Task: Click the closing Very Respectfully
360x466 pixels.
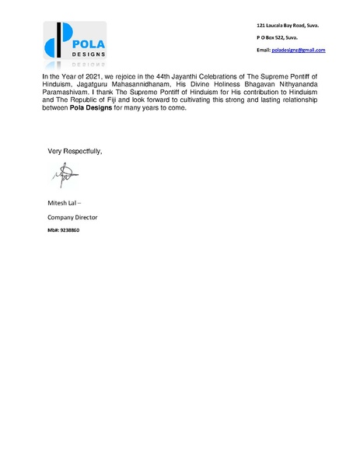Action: click(75, 150)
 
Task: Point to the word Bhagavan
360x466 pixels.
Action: click(246, 86)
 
